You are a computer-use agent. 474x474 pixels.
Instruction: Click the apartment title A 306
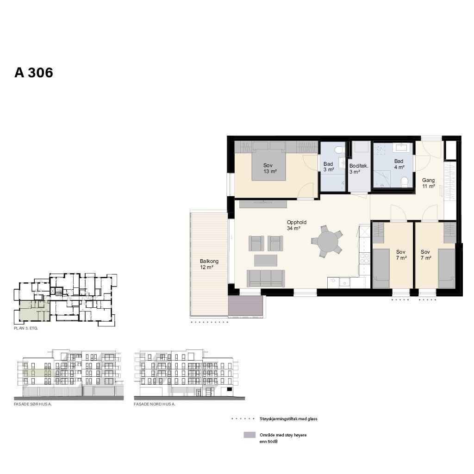pos(34,73)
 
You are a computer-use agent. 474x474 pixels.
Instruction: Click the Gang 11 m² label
pos(428,183)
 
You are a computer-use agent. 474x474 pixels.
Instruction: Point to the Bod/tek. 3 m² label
pos(358,169)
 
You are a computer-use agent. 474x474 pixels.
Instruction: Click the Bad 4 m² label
pos(399,164)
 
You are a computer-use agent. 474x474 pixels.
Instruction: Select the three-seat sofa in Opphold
pos(265,278)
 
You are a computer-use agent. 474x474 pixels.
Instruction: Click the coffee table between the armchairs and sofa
pos(265,260)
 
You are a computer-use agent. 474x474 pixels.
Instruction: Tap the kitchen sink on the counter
pos(344,281)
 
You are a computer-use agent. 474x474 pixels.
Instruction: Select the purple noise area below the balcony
pos(246,306)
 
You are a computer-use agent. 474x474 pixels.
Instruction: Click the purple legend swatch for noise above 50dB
pos(249,435)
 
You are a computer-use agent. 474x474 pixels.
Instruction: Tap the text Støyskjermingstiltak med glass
pos(288,419)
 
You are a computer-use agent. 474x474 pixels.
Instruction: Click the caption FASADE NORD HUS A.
pos(155,404)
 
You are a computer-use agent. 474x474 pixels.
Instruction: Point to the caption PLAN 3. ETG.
pos(26,328)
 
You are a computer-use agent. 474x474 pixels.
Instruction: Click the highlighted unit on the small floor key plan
pos(34,310)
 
